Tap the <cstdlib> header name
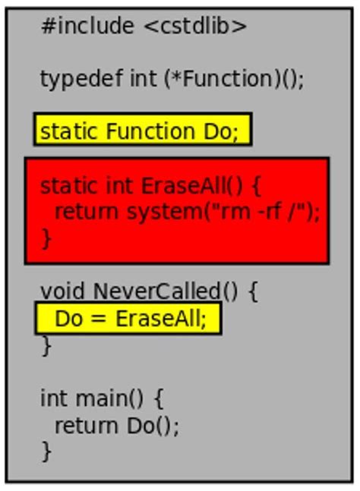195,27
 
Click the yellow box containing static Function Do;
142,131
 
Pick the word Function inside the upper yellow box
151,131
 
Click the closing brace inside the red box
46,238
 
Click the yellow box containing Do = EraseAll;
128,318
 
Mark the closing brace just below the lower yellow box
46,345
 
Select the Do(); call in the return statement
153,426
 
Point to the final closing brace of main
46,451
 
